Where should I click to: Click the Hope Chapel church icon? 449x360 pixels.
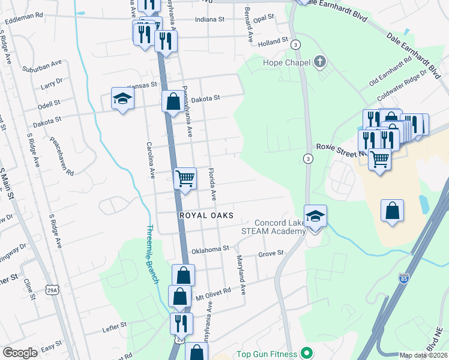pos(320,62)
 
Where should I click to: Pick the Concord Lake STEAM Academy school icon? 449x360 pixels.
pos(315,216)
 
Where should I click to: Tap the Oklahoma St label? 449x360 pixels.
pos(210,248)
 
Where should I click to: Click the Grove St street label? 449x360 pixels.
pos(270,253)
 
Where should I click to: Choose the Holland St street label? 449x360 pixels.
pos(274,44)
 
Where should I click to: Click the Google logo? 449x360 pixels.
pos(20,353)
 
